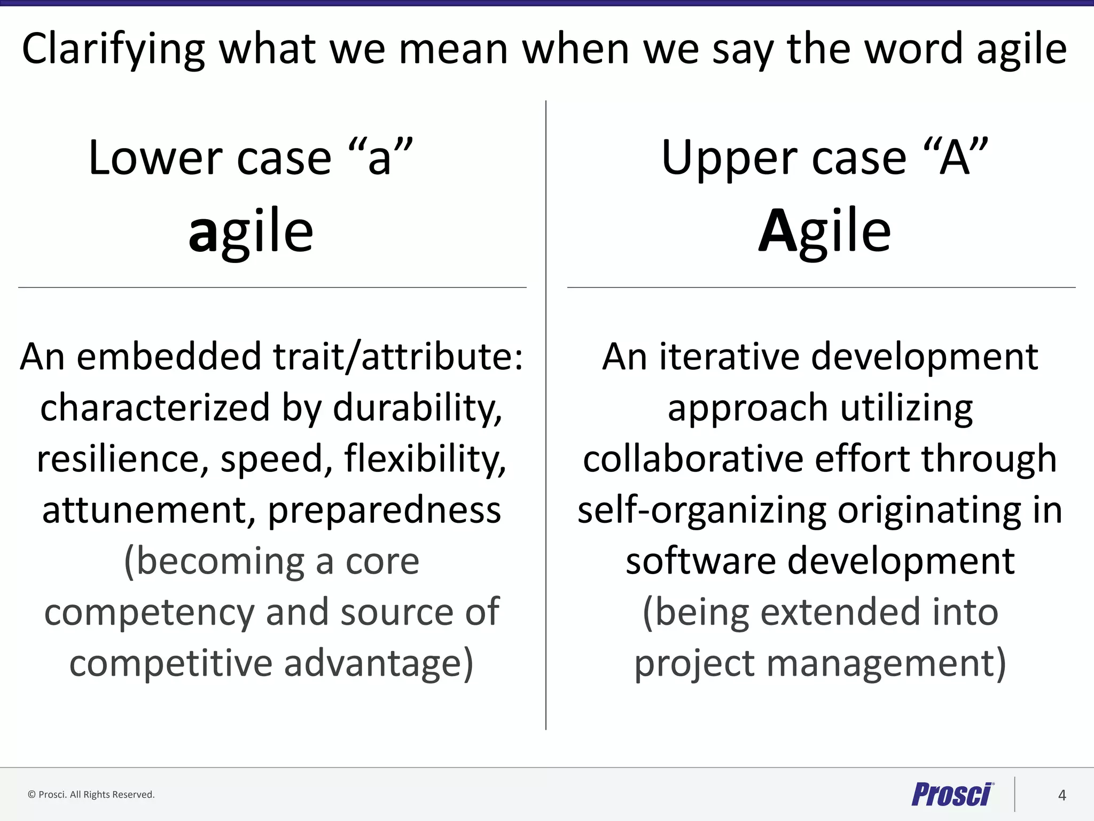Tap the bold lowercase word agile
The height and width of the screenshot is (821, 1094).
pyautogui.click(x=251, y=231)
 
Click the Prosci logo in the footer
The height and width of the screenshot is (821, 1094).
pyautogui.click(x=952, y=794)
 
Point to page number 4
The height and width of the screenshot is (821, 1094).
pyautogui.click(x=1062, y=795)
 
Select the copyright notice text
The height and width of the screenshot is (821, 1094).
pyautogui.click(x=91, y=795)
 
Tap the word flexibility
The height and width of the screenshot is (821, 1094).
pyautogui.click(x=425, y=459)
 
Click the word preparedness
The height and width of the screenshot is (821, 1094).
pyautogui.click(x=384, y=511)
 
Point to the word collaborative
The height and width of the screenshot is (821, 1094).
pyautogui.click(x=693, y=459)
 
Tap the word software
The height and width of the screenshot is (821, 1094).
pyautogui.click(x=700, y=561)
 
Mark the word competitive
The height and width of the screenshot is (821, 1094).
pyautogui.click(x=171, y=663)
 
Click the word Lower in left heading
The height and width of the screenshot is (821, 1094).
pyautogui.click(x=155, y=158)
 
